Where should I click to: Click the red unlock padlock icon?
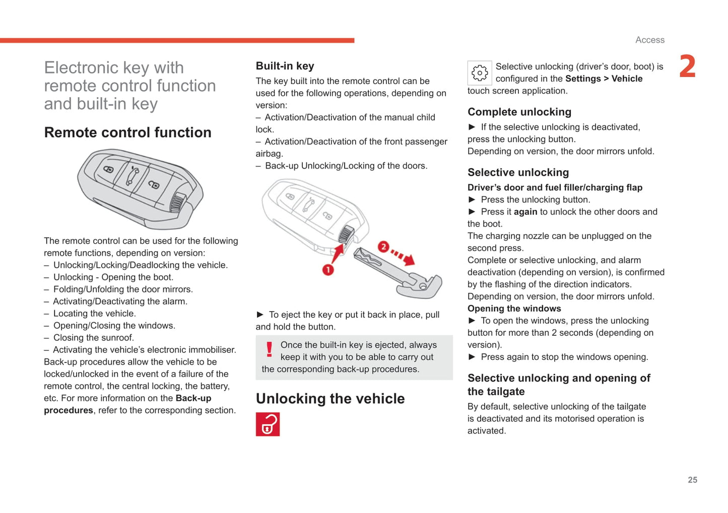pyautogui.click(x=268, y=424)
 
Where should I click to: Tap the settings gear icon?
pyautogui.click(x=479, y=73)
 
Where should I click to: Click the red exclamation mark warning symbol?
pyautogui.click(x=270, y=349)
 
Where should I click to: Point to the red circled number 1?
pyautogui.click(x=328, y=270)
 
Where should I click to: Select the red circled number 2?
pyautogui.click(x=383, y=247)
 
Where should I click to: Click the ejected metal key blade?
pyautogui.click(x=398, y=272)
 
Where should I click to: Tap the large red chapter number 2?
pyautogui.click(x=687, y=66)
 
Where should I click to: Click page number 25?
pyautogui.click(x=692, y=480)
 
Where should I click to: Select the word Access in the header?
pyautogui.click(x=649, y=40)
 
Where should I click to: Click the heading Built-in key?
pyautogui.click(x=285, y=66)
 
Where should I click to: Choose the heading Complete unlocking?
pyautogui.click(x=519, y=112)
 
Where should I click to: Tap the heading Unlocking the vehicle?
pyautogui.click(x=330, y=399)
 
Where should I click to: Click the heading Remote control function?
pyautogui.click(x=127, y=132)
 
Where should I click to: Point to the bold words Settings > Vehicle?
pyautogui.click(x=604, y=79)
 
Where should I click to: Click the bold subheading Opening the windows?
pyautogui.click(x=514, y=309)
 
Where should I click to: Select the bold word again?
pyautogui.click(x=525, y=212)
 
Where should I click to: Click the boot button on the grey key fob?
pyautogui.click(x=133, y=176)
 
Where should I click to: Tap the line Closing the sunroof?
pyautogui.click(x=93, y=338)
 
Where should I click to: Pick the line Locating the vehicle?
pyautogui.click(x=94, y=314)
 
